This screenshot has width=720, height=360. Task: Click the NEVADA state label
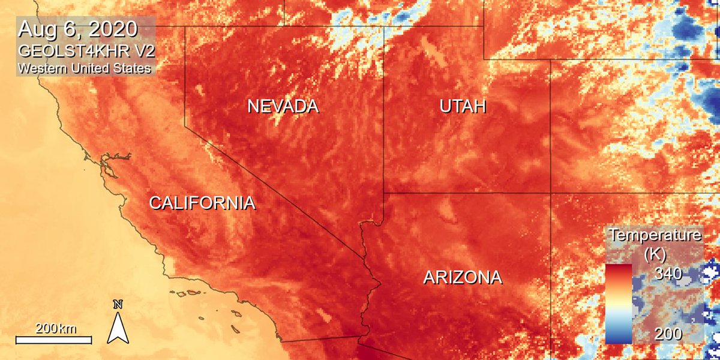coord(283,107)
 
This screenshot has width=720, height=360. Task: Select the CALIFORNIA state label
coord(202,203)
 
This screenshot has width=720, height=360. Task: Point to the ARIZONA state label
coord(462,278)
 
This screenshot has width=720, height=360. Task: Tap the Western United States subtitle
coord(84,68)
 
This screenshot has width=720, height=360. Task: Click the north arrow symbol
coord(118,328)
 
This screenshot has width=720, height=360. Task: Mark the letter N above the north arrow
coord(118,304)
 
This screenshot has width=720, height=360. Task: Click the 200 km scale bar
coord(53,340)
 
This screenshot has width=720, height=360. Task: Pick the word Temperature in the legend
coord(655,235)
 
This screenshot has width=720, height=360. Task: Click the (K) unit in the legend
coord(655,253)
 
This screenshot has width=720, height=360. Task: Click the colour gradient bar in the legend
coord(619,304)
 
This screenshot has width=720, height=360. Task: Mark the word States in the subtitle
coord(134,68)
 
